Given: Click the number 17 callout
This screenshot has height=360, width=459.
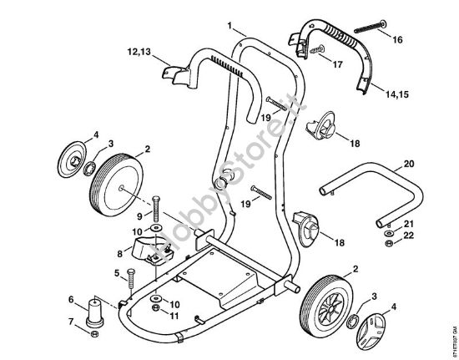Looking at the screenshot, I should (337, 63).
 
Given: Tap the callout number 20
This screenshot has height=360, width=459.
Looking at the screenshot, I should (408, 163).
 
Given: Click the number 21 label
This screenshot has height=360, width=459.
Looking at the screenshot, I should (408, 224).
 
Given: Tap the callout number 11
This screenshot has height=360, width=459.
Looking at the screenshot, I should (175, 315).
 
